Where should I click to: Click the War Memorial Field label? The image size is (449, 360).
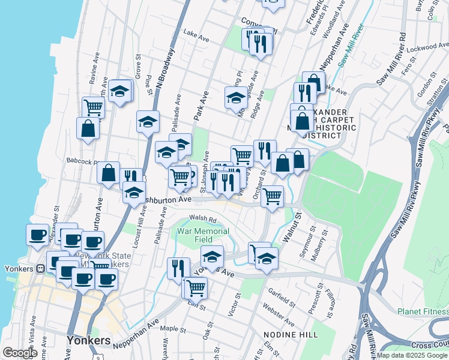(203, 235)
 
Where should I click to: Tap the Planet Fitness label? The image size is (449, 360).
(423, 311)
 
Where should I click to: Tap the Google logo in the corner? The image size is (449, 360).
(20, 353)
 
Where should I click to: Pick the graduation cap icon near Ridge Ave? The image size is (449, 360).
(236, 97)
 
